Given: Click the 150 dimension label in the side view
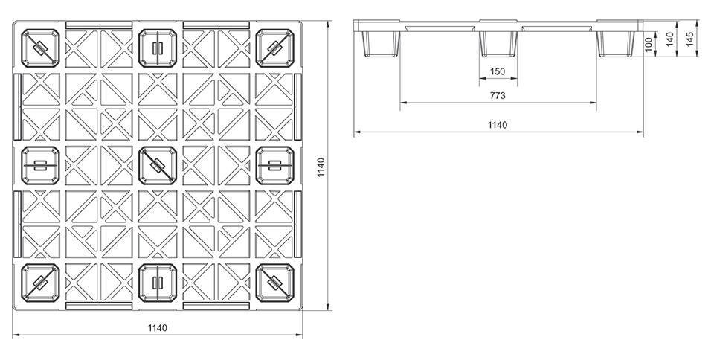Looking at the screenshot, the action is click(498, 71).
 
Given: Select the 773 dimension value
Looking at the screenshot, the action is click(498, 96).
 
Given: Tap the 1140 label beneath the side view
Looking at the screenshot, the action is click(498, 125).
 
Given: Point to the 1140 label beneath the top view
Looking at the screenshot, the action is click(158, 328).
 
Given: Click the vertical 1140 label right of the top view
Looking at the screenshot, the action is click(321, 167).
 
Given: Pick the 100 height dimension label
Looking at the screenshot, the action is click(649, 44).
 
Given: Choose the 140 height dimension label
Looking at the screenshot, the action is click(669, 39).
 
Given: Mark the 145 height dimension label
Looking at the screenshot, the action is click(689, 39).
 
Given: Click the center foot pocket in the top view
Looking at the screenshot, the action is click(158, 166).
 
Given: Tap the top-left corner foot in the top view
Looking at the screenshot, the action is click(40, 48).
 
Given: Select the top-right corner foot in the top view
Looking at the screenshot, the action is click(274, 48).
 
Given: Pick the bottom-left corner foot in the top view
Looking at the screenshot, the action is click(40, 283).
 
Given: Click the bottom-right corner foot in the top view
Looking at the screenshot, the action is click(274, 283).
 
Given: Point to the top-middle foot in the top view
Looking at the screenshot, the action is click(158, 48).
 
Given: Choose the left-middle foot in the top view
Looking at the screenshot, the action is click(40, 166).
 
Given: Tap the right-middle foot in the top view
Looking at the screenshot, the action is click(274, 166).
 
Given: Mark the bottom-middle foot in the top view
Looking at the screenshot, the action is click(158, 283).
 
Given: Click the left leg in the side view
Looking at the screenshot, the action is click(381, 44).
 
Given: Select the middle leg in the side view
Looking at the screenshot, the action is click(498, 44).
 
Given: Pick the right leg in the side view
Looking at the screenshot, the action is click(616, 44).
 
